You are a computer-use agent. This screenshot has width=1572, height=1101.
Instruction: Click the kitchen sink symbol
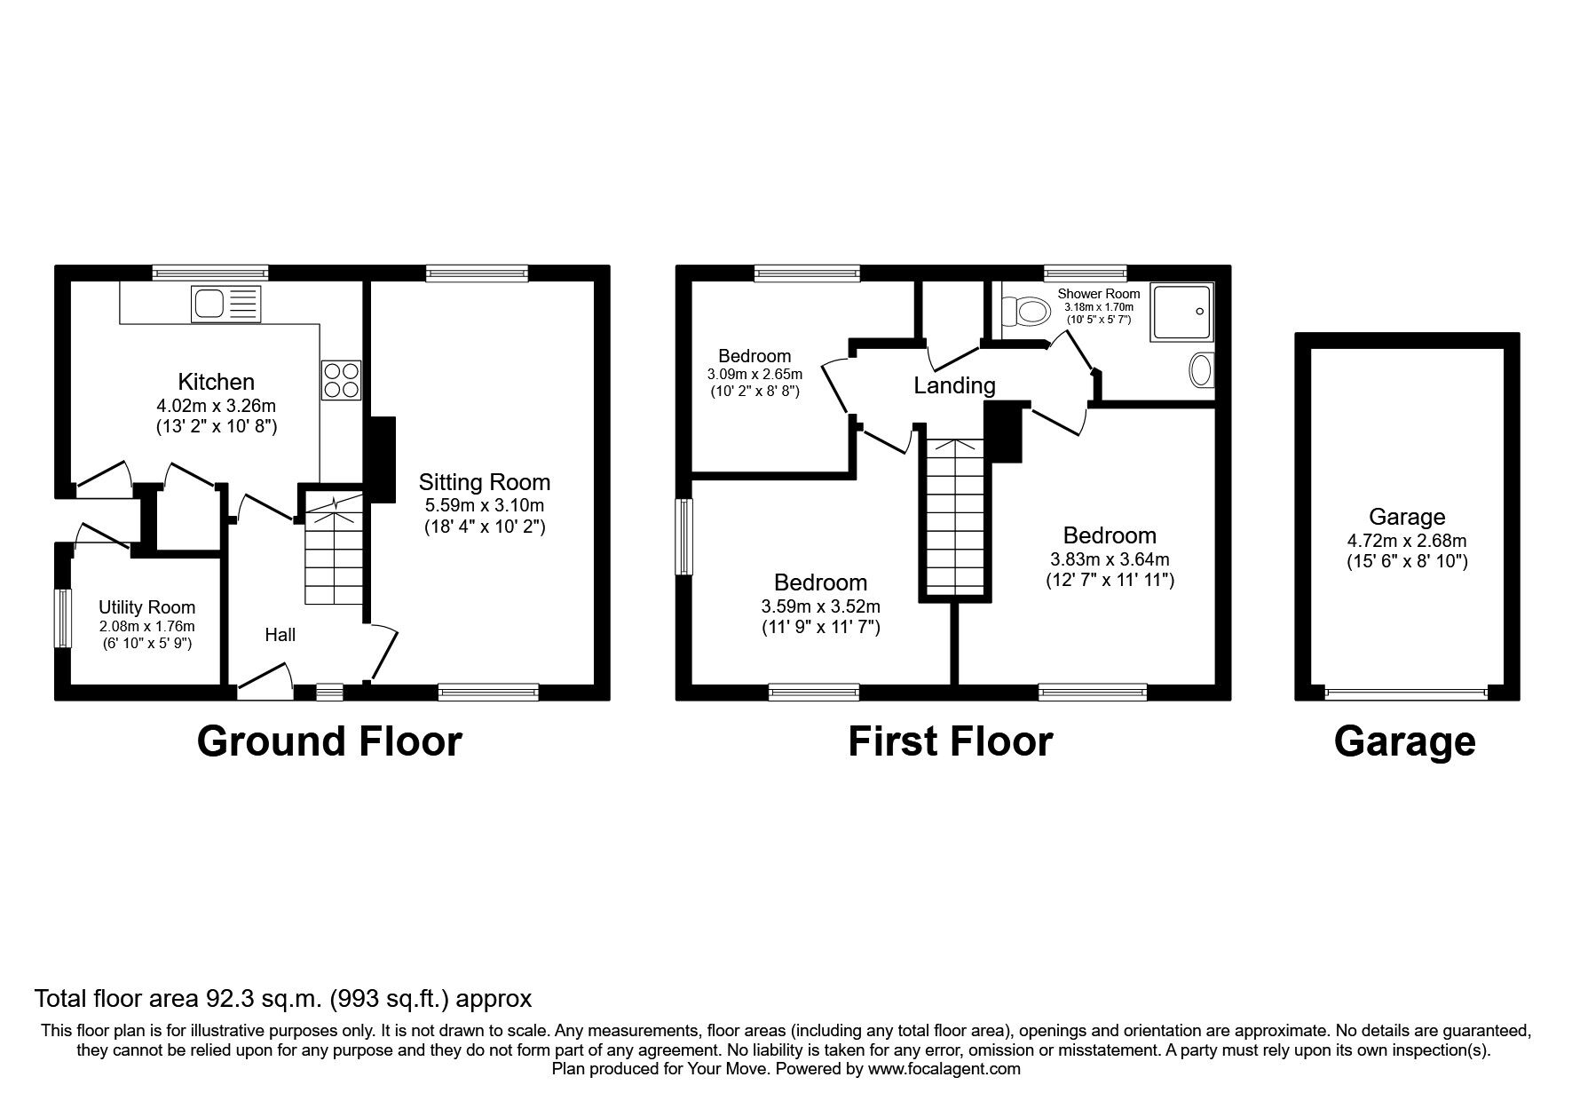pos(226,305)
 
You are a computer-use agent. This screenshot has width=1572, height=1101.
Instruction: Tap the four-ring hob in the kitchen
pos(341,380)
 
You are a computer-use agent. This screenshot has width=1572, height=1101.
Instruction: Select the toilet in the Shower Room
pos(1023,311)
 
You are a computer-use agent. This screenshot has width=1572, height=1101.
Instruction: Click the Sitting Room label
pos(485,482)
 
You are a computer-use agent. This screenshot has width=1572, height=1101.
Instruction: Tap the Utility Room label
pos(146,607)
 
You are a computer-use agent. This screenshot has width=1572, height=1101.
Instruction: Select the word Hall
pos(280,635)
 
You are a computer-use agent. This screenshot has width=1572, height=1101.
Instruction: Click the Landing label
pos(954,385)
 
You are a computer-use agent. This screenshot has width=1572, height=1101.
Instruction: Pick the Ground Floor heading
pos(329,741)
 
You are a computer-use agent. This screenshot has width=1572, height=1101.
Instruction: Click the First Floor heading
pos(951,741)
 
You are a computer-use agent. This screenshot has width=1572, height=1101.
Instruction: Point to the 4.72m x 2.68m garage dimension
pos(1407,541)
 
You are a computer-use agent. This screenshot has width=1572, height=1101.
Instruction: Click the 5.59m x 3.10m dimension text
pos(484,506)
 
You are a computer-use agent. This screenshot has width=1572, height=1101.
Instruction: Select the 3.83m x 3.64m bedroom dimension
pos(1110,559)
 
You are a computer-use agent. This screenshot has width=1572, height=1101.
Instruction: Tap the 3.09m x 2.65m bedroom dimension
pos(754,374)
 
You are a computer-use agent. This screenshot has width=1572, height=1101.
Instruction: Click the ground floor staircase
pos(335,550)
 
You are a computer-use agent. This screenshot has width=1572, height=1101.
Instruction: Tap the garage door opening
pos(1406,693)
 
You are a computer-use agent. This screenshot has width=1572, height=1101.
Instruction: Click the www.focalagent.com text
pos(944,1069)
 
